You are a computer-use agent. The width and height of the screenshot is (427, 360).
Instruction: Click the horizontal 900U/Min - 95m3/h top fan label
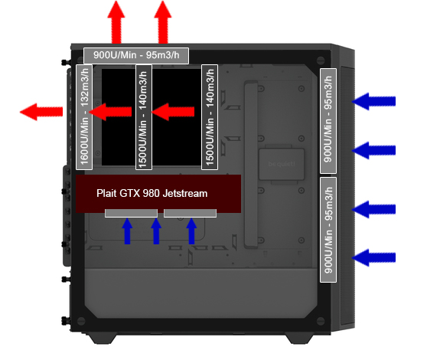(136, 55)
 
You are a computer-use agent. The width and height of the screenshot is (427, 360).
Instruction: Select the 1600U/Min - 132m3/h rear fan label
(84, 117)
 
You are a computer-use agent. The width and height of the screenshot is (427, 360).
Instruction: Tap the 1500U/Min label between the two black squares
(144, 117)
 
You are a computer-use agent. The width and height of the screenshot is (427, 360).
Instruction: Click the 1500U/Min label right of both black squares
(210, 117)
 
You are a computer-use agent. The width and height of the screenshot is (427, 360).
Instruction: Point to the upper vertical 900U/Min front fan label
(328, 120)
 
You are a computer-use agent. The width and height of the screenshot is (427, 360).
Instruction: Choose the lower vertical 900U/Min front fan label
(328, 230)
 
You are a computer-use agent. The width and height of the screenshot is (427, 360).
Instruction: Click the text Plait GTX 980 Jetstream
(152, 193)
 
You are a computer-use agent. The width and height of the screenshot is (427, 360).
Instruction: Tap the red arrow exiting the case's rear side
(41, 112)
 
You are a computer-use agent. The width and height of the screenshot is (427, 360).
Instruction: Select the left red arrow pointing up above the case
(116, 22)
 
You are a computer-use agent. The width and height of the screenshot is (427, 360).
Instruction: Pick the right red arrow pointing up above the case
(163, 22)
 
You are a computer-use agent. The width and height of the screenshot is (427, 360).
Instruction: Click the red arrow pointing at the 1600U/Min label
(110, 112)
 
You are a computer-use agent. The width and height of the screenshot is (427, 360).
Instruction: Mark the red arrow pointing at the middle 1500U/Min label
(173, 112)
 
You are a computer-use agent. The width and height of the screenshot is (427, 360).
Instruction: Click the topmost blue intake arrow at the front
(373, 101)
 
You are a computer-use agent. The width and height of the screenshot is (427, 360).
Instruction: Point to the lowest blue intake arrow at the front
(373, 257)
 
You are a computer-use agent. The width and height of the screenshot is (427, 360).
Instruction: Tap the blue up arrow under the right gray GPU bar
(191, 231)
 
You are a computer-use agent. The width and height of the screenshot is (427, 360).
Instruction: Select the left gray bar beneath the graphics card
(132, 213)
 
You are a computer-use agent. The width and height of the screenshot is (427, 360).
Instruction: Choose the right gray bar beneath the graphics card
(190, 213)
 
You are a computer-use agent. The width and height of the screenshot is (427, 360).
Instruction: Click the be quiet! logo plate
(282, 164)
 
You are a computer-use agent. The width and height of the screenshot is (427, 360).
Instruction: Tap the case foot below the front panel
(299, 338)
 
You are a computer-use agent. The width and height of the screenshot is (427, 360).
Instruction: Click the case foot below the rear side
(103, 338)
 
